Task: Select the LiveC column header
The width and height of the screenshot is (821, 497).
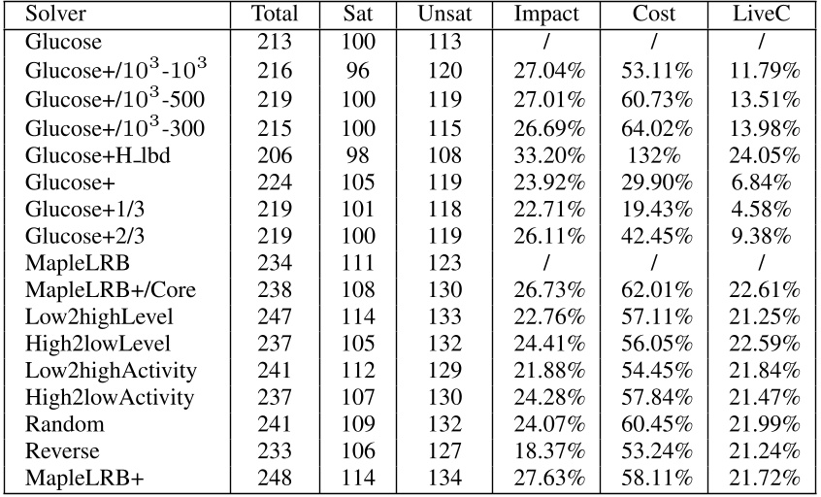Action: tap(766, 15)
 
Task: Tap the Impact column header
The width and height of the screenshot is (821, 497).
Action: tap(546, 15)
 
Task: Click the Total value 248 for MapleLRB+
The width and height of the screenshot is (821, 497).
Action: tap(275, 480)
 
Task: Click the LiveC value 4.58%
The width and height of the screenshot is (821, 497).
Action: tap(766, 207)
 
